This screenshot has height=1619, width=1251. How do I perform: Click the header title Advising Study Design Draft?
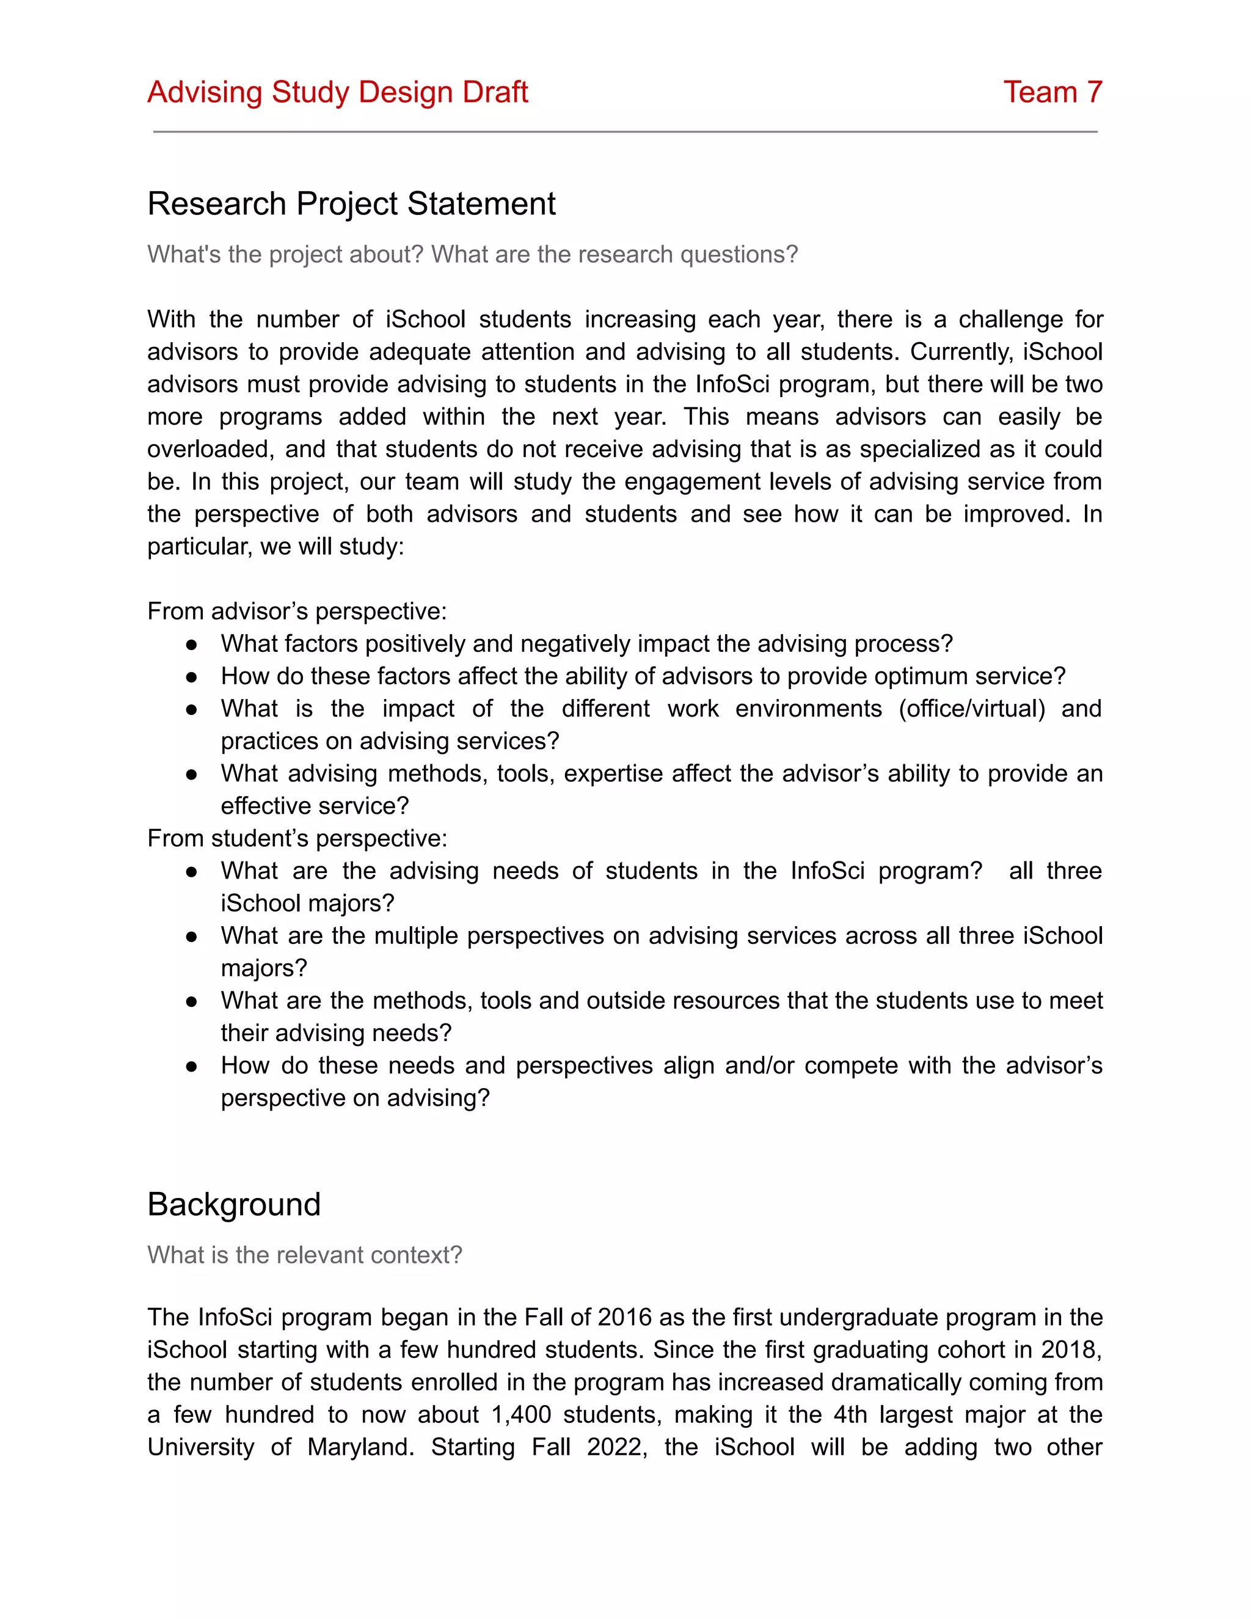[337, 93]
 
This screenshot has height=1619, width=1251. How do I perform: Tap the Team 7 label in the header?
[1052, 93]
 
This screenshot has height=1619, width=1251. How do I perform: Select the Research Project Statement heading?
[351, 204]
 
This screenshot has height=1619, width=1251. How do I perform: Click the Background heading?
[234, 1205]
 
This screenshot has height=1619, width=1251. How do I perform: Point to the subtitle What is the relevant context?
[305, 1255]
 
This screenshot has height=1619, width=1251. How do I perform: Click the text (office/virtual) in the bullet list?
[972, 709]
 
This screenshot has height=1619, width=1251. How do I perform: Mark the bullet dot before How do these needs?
[191, 1067]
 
